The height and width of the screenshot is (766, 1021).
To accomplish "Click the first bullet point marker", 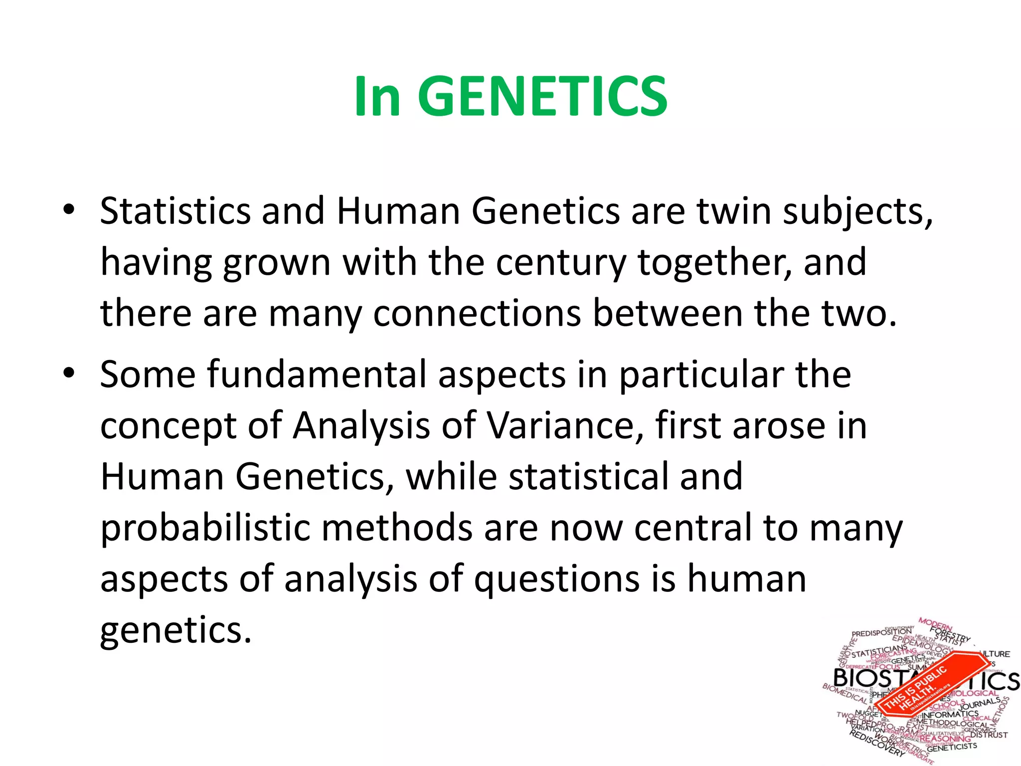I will pos(69,209).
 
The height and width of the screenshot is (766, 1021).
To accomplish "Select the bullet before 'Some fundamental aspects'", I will pos(69,373).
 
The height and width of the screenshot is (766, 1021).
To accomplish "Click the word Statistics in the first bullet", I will pos(175,211).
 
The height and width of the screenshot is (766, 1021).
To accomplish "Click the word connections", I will pos(477,314).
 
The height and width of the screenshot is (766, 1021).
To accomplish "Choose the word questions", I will pos(556,580).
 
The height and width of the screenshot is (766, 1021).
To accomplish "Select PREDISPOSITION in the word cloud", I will pos(881,632).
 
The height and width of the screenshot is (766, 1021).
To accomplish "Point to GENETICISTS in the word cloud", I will pos(952,747).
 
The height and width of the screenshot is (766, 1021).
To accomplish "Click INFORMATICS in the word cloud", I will pos(950,715).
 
